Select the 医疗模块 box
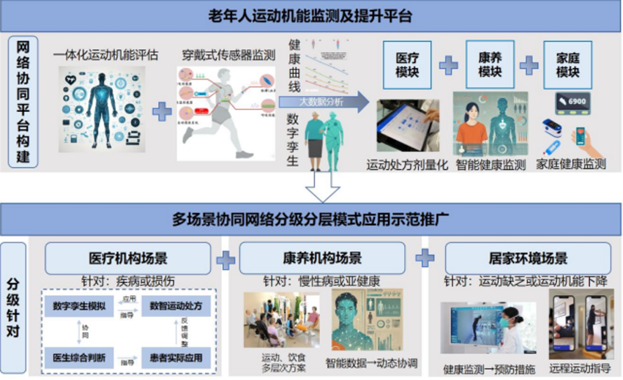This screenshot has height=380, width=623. pyautogui.click(x=407, y=65)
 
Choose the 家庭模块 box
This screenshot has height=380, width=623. pyautogui.click(x=568, y=65)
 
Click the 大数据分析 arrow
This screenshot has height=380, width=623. pyautogui.click(x=324, y=102)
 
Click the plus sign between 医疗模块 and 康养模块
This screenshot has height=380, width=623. pyautogui.click(x=448, y=66)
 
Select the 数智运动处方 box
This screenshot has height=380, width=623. pyautogui.click(x=176, y=306)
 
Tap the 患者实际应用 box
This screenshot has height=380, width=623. pyautogui.click(x=176, y=357)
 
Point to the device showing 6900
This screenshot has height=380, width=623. pyautogui.click(x=571, y=103)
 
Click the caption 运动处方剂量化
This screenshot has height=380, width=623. pyautogui.click(x=407, y=165)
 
